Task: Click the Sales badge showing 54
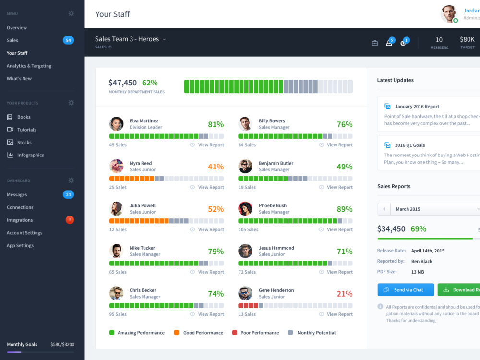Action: [68, 40]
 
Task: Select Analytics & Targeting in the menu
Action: [29, 66]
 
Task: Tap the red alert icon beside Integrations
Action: [70, 220]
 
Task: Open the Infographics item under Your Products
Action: [30, 155]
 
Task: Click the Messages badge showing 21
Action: [68, 194]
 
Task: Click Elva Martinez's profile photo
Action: [116, 124]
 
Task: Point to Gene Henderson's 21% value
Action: [344, 294]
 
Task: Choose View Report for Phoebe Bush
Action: [339, 229]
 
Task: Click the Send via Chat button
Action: [406, 290]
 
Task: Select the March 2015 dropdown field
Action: [434, 209]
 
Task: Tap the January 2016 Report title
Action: [417, 107]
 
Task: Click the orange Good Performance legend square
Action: [177, 333]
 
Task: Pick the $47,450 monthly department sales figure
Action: [122, 83]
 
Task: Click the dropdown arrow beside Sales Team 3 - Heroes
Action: [164, 40]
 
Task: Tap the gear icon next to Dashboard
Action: [71, 180]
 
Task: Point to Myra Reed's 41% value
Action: [216, 167]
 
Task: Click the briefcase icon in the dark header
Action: [375, 43]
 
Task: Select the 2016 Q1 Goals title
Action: [409, 145]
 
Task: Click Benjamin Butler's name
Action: [276, 163]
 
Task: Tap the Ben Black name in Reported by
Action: [421, 261]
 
